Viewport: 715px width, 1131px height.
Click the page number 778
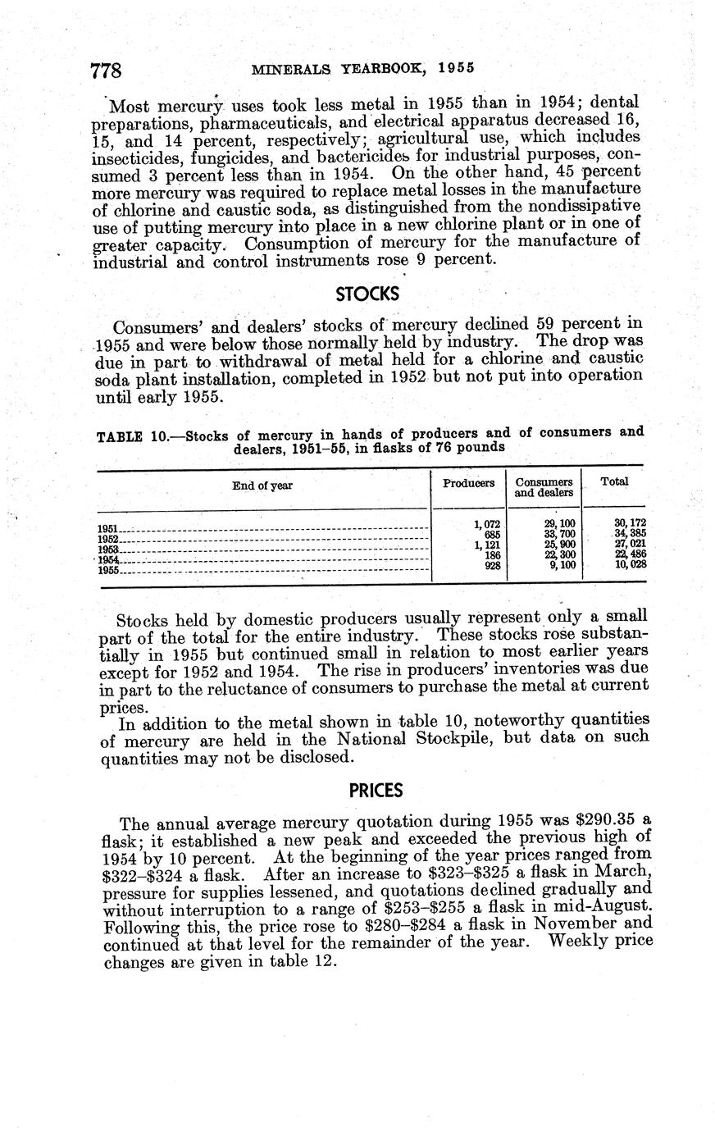tap(106, 71)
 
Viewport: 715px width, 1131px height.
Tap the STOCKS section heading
tap(367, 293)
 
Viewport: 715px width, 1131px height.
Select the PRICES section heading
tap(376, 791)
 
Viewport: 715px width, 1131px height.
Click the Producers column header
tap(468, 483)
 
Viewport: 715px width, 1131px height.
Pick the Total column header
tap(614, 481)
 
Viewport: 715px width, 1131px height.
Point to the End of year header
tap(262, 486)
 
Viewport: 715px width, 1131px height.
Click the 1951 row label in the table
tap(108, 529)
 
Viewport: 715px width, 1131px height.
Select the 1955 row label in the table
tap(108, 571)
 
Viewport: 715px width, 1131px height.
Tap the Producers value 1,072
tap(487, 524)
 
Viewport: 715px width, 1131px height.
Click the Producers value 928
tap(492, 565)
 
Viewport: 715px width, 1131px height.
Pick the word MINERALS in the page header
tap(287, 68)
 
